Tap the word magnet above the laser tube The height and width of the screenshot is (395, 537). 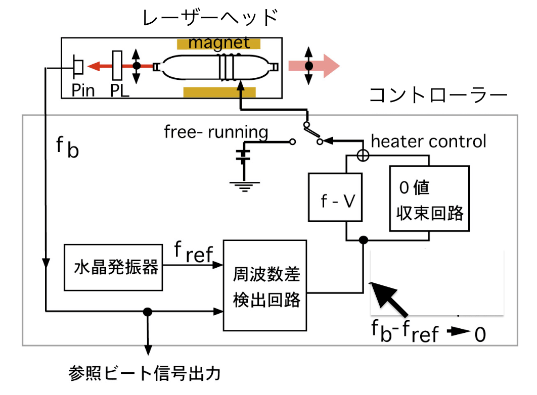click(x=219, y=42)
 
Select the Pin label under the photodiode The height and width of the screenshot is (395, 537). click(x=83, y=90)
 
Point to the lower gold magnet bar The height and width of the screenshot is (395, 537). click(x=219, y=92)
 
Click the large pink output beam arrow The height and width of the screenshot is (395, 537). click(x=314, y=66)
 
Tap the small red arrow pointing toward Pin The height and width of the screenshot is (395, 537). click(x=99, y=66)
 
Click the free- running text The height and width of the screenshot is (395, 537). click(x=216, y=132)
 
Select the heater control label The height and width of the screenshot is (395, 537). click(x=428, y=141)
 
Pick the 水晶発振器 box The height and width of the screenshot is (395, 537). click(x=116, y=267)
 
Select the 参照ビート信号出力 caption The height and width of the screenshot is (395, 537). click(x=145, y=374)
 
